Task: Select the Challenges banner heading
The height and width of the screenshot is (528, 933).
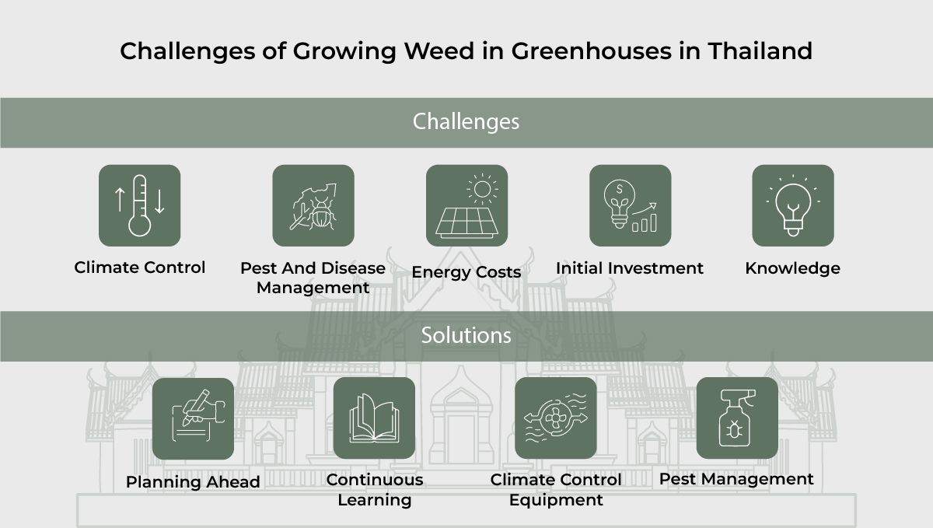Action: [466, 122]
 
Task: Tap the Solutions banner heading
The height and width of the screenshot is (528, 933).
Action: [466, 335]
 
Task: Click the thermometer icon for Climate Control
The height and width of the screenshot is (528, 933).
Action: [139, 205]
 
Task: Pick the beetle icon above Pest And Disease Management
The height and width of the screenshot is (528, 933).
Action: [313, 205]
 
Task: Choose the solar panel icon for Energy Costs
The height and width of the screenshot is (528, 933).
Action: [466, 205]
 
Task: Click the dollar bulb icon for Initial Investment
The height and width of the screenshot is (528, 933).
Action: [630, 205]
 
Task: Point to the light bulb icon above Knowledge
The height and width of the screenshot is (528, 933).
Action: [792, 205]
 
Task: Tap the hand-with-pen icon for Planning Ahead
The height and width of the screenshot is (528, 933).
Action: [193, 418]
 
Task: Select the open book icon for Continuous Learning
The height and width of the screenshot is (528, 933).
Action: [374, 418]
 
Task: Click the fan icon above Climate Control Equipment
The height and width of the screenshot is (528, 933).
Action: [556, 418]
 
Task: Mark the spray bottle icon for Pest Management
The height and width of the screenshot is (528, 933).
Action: [736, 418]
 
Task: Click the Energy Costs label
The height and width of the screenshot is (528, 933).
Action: [466, 272]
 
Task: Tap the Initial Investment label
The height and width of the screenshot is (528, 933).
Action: [630, 268]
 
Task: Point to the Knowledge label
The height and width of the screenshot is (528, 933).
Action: [792, 268]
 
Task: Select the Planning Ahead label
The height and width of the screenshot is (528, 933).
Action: [193, 482]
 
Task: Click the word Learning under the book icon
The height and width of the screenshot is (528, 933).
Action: [374, 499]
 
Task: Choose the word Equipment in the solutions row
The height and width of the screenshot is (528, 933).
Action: [556, 499]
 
